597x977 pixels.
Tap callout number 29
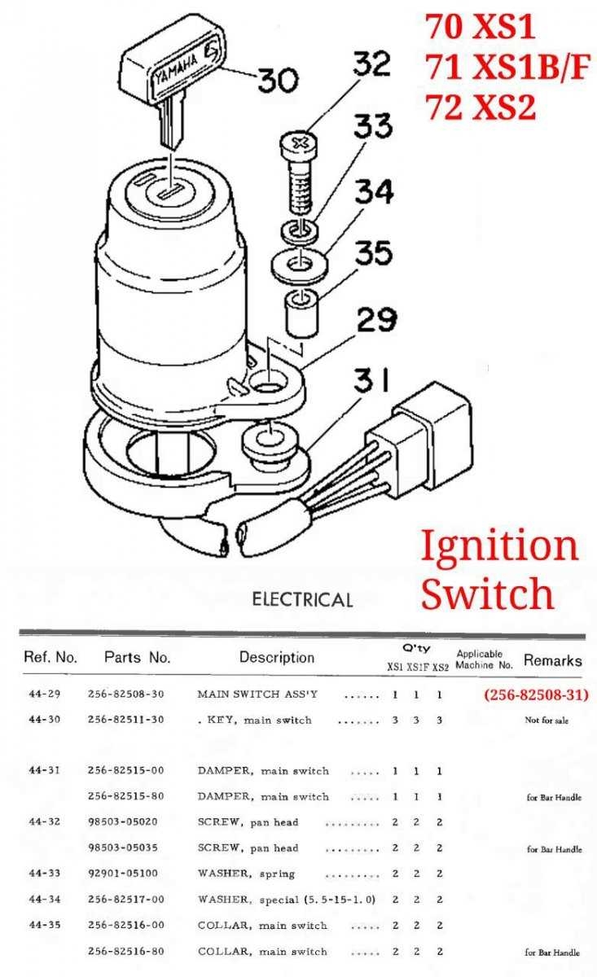375,319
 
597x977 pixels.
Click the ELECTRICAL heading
302,600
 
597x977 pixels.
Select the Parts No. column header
137,657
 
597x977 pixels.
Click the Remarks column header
552,660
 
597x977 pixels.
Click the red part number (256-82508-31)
535,695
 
